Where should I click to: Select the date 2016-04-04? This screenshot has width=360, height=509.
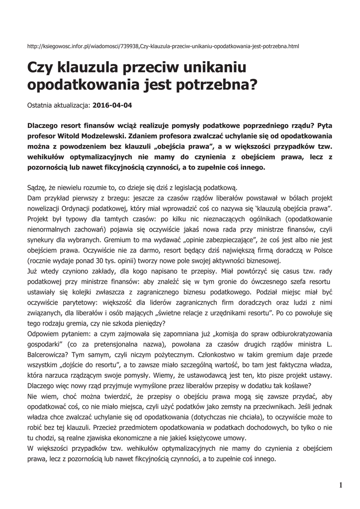[113, 105]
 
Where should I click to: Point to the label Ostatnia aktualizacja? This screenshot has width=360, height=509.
[58, 105]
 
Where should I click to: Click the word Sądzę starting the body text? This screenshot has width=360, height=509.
[37, 187]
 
